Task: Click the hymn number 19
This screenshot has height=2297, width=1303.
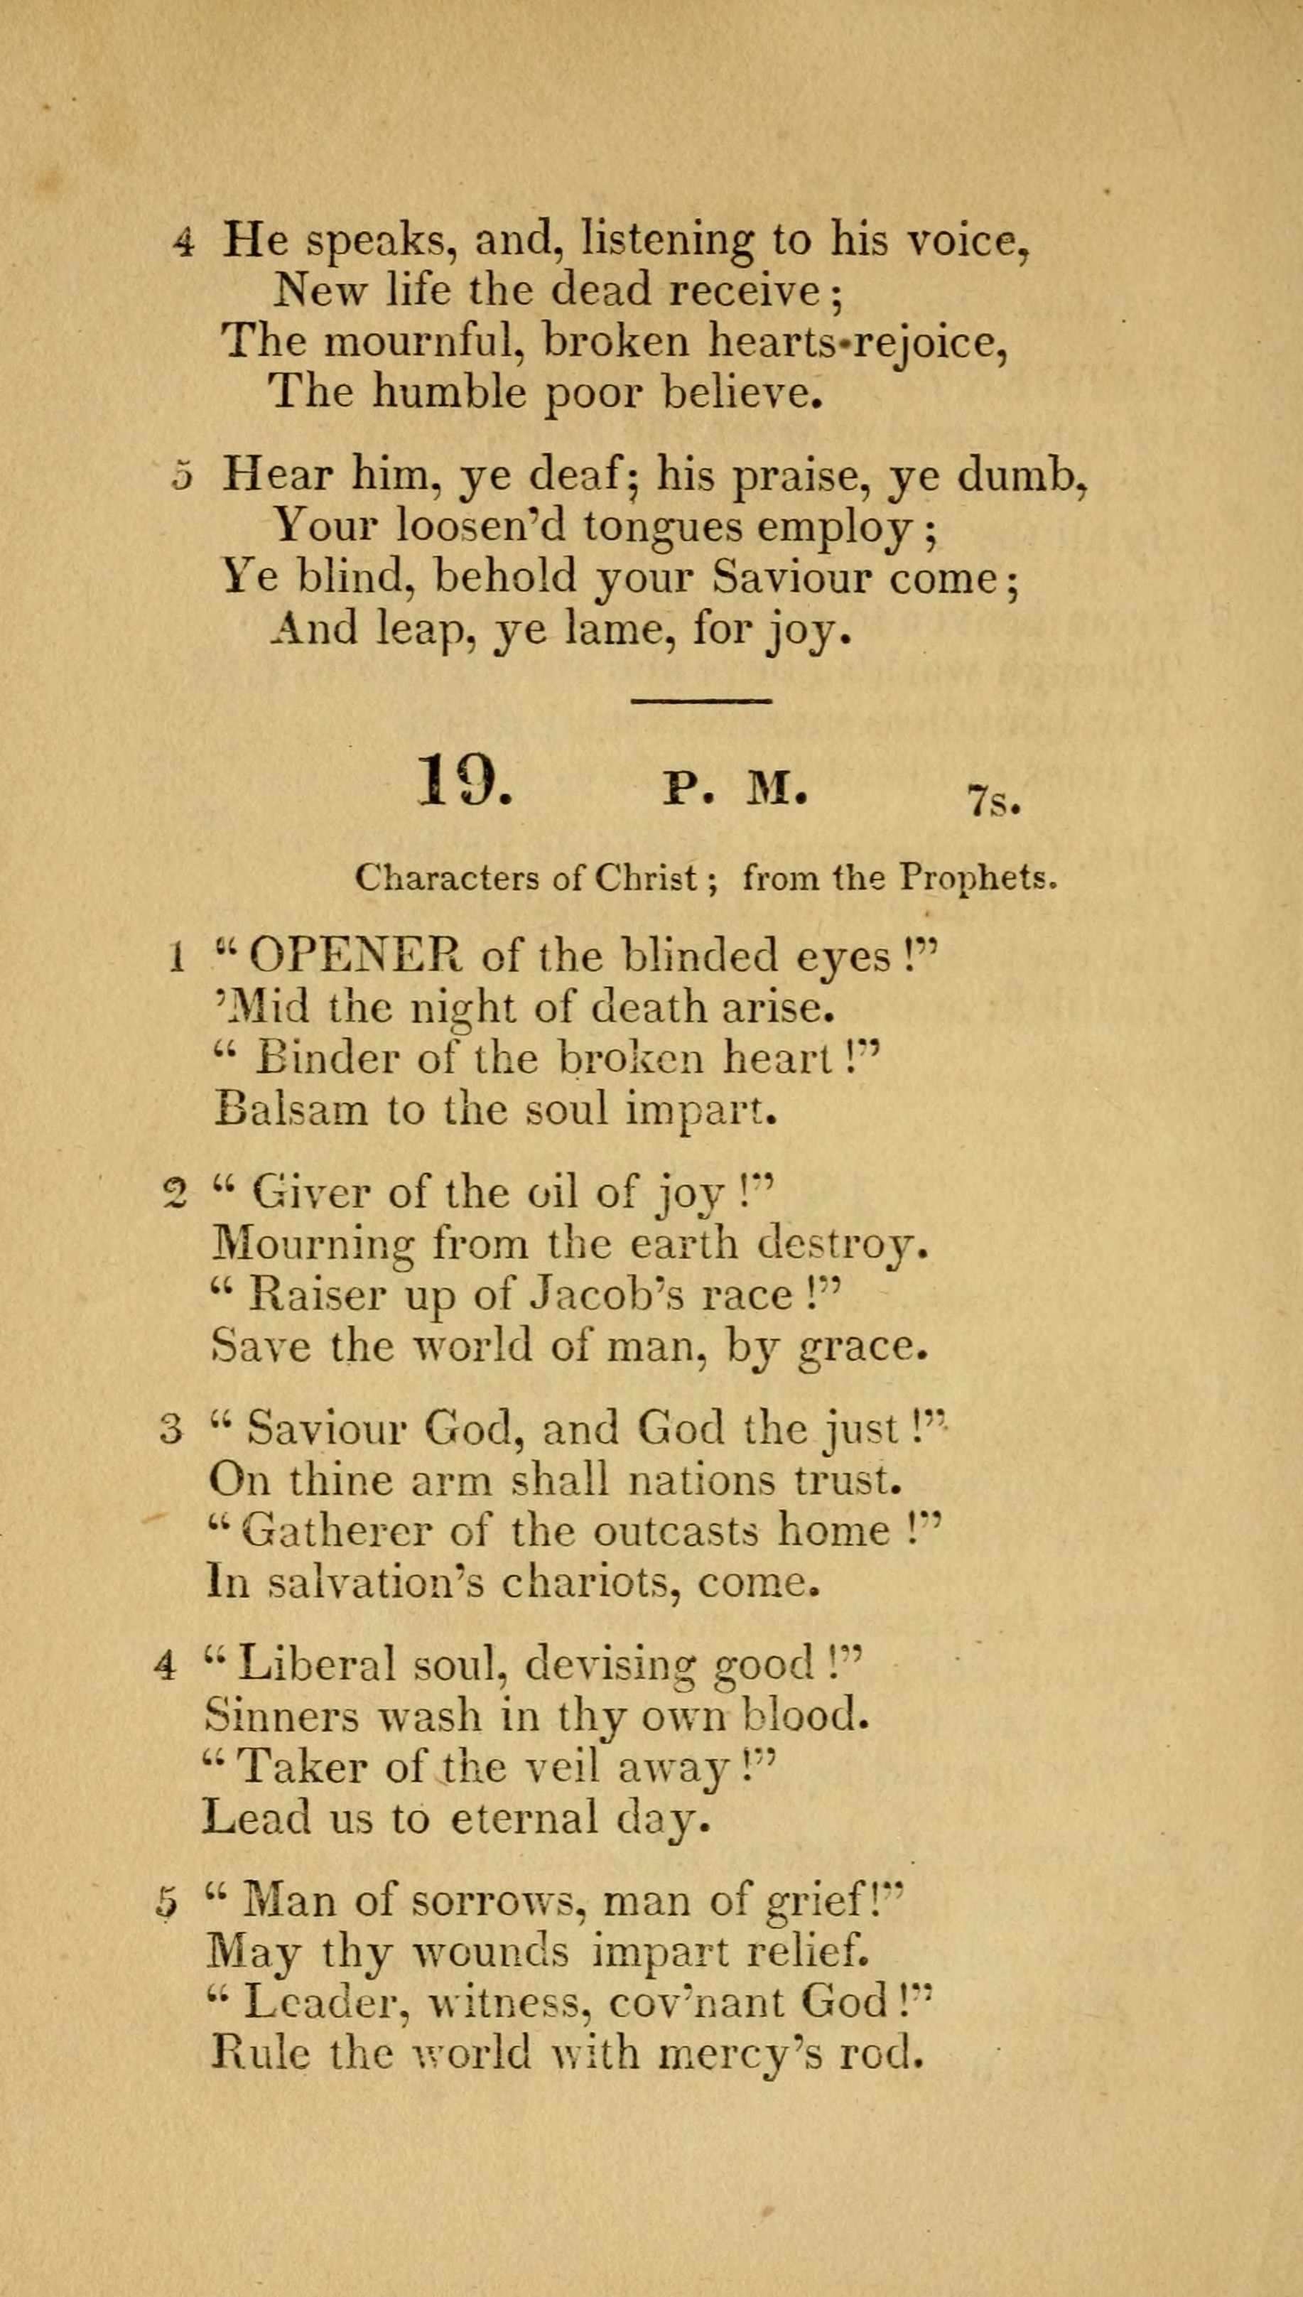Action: pos(463,781)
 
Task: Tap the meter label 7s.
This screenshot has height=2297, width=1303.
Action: pos(993,800)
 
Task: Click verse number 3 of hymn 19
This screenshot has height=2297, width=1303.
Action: pos(172,1431)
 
